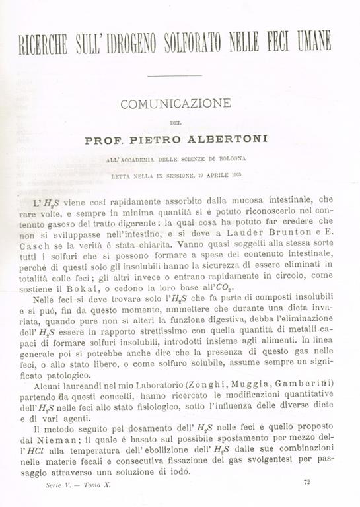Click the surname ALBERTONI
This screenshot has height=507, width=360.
[214, 140]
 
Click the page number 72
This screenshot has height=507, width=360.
[306, 483]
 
